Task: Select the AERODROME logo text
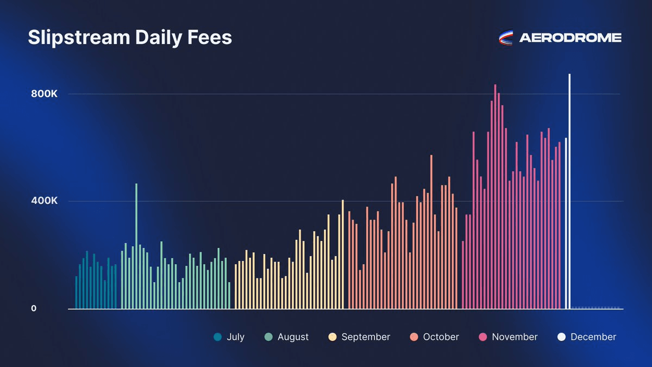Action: (570, 38)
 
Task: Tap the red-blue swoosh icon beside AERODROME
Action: (506, 38)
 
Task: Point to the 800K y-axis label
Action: (44, 94)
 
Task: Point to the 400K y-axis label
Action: (44, 201)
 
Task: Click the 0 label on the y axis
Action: (33, 308)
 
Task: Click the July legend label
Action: (236, 337)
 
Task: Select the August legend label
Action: (293, 337)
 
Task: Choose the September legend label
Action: (366, 337)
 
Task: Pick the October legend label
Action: (441, 337)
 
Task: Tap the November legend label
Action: (515, 337)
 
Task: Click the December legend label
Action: (593, 337)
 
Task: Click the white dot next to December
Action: (561, 337)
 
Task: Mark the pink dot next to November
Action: (482, 337)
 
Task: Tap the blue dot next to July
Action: (218, 337)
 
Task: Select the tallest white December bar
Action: (569, 190)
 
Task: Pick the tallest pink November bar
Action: (495, 196)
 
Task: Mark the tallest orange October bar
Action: (431, 232)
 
